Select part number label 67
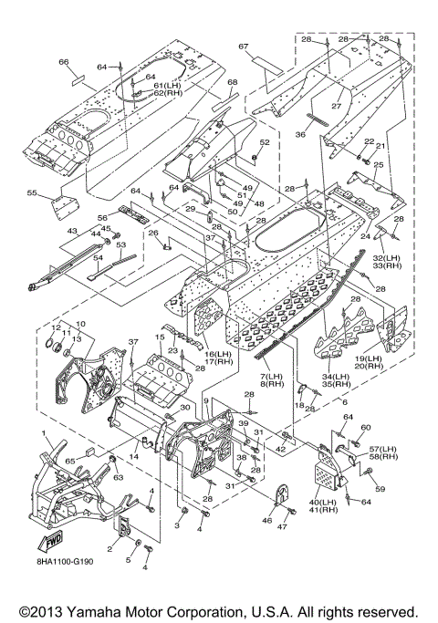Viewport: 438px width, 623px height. coord(244,47)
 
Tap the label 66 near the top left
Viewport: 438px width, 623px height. coord(63,62)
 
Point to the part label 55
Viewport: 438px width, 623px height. coord(32,192)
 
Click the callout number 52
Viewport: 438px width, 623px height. coord(265,142)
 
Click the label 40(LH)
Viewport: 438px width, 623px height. coord(322,502)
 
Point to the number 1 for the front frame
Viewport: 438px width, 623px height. coord(44,432)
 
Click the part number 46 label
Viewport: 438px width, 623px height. coord(267,520)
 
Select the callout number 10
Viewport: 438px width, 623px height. coord(80,324)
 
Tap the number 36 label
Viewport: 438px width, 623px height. coord(300,134)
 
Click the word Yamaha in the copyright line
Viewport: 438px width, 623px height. coord(95,610)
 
